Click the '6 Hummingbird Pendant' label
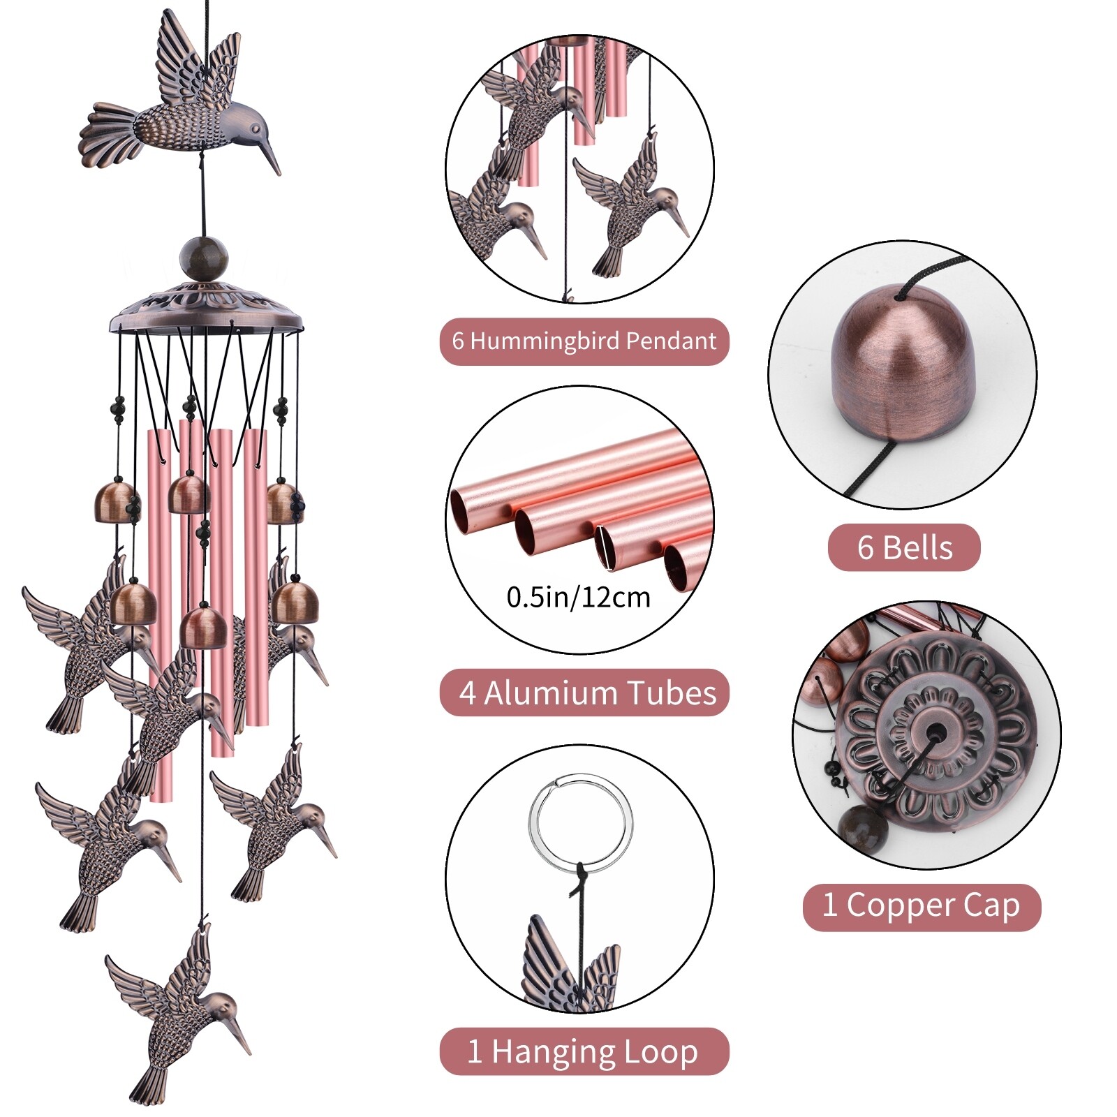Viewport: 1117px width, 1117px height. (x=584, y=341)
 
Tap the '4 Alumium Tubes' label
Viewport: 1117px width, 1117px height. (x=584, y=693)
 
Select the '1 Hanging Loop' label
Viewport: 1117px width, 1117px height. (x=584, y=1051)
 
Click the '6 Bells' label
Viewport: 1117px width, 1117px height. (x=904, y=547)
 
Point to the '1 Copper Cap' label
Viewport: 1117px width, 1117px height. (x=922, y=906)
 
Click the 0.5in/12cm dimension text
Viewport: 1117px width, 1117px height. (x=578, y=598)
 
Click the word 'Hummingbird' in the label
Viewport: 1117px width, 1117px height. (x=545, y=341)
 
